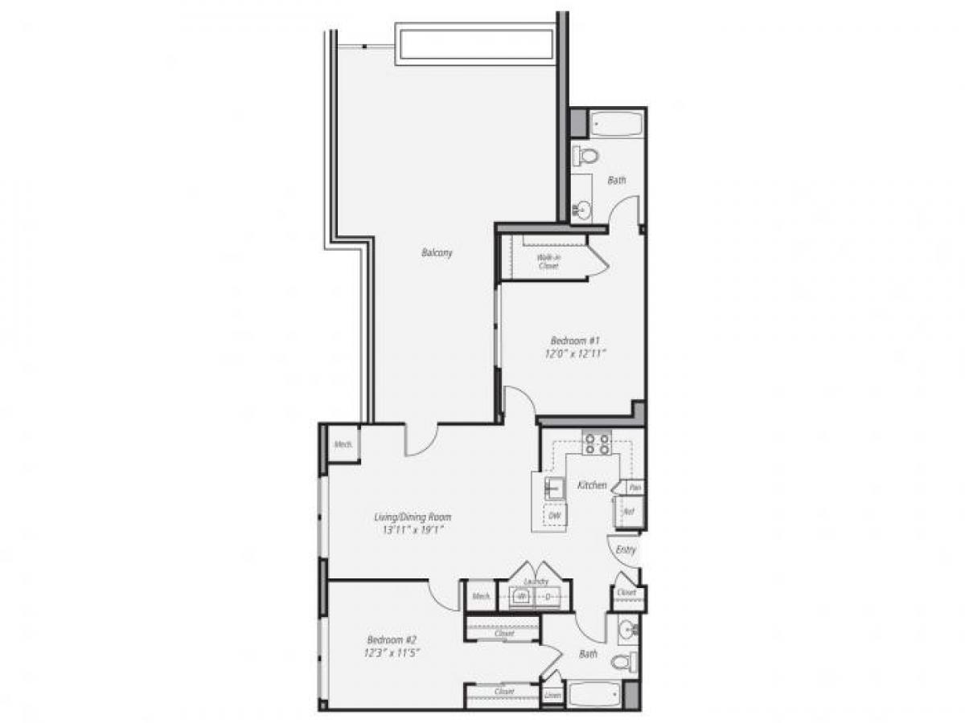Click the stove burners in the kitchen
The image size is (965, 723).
click(x=597, y=444)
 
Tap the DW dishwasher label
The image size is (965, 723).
click(x=554, y=515)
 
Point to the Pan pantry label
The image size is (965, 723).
click(x=634, y=488)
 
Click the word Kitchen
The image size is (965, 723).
click(x=592, y=485)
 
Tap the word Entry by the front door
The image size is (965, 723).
click(x=626, y=550)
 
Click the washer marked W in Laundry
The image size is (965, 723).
click(x=522, y=597)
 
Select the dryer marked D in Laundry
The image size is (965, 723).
click(x=550, y=597)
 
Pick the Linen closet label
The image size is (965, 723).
click(x=552, y=696)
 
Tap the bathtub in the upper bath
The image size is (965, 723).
click(x=617, y=125)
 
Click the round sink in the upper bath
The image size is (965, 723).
click(x=582, y=210)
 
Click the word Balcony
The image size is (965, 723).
click(x=437, y=252)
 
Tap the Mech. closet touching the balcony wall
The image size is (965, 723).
click(x=341, y=443)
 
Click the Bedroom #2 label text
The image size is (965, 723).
click(x=392, y=639)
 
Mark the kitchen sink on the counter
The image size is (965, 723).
click(x=553, y=487)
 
